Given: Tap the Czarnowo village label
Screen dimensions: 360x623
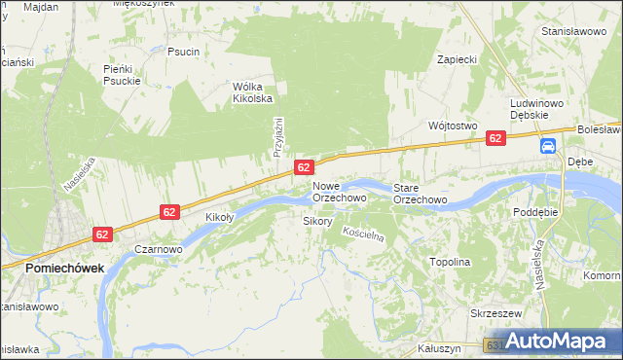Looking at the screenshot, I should [x=159, y=249].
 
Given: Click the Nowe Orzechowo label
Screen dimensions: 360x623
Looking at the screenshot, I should [x=339, y=192].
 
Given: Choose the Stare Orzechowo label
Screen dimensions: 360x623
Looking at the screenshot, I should [x=420, y=193].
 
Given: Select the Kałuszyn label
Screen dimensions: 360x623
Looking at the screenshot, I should [x=437, y=347].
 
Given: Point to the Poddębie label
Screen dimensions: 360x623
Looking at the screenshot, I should [x=535, y=210].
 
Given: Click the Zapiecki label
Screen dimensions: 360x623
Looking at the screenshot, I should [x=457, y=59].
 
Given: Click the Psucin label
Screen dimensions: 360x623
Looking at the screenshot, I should [x=183, y=52].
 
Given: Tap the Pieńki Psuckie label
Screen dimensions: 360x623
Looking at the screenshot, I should [x=123, y=75].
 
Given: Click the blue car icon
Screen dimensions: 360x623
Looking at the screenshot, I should [x=548, y=146].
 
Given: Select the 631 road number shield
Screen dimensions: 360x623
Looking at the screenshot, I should [x=495, y=345].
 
